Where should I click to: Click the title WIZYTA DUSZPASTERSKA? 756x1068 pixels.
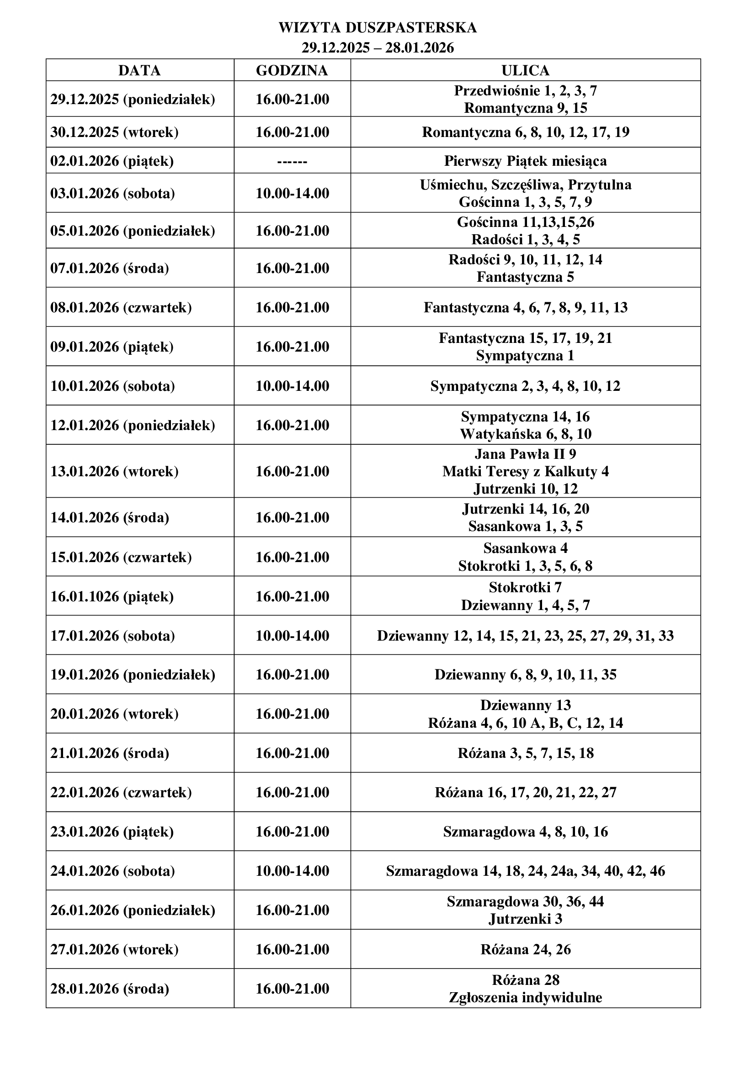click(378, 28)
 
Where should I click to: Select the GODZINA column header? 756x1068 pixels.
click(292, 70)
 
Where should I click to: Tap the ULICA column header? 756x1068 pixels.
click(525, 70)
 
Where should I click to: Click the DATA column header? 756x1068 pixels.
click(140, 70)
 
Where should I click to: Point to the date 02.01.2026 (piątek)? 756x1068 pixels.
click(112, 161)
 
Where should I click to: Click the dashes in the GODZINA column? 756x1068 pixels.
click(292, 161)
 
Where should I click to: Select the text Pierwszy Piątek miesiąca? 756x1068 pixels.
click(525, 161)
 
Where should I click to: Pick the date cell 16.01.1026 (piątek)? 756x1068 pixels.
click(112, 596)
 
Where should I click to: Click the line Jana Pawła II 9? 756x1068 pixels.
click(525, 453)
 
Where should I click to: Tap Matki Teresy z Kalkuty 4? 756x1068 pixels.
click(525, 471)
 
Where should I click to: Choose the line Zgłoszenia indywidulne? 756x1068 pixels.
click(525, 997)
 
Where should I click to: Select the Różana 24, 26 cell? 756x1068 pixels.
click(525, 949)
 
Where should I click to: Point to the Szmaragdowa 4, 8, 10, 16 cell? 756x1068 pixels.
click(525, 831)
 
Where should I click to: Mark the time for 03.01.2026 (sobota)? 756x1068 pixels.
click(293, 193)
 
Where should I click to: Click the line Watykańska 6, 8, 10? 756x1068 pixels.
click(525, 434)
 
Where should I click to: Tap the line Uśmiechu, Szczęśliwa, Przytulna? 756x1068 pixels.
click(525, 184)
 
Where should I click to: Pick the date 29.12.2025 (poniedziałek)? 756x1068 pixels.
click(133, 99)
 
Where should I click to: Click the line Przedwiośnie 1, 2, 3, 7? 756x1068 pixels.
click(525, 90)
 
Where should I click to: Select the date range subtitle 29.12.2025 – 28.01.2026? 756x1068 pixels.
click(378, 48)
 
